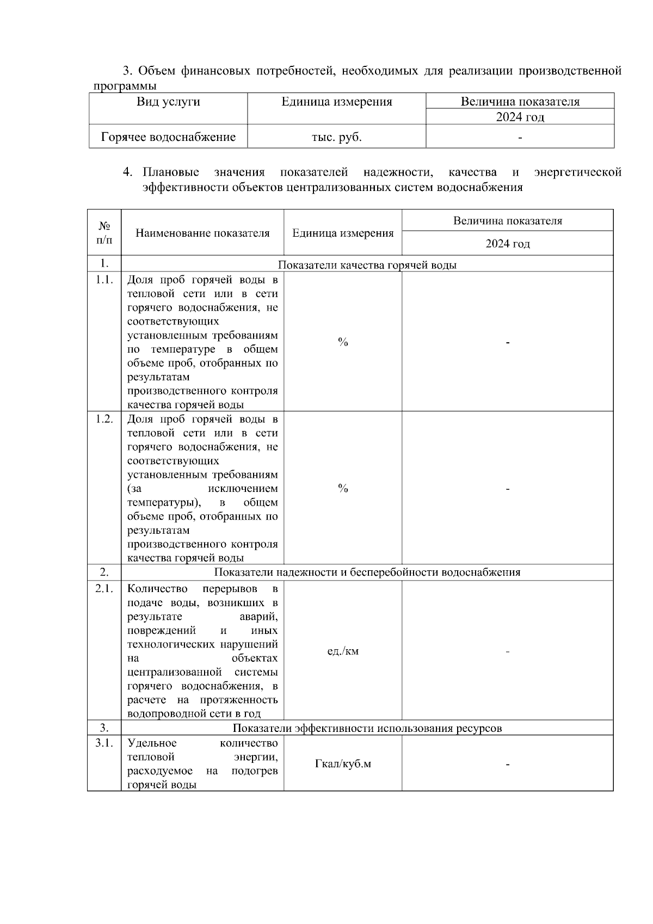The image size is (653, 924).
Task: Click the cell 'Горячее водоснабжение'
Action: pyautogui.click(x=169, y=137)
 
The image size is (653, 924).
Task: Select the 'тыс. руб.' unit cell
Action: pyautogui.click(x=336, y=137)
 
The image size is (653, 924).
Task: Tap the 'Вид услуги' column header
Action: pyautogui.click(x=168, y=102)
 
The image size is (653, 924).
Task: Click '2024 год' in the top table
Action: pyautogui.click(x=520, y=117)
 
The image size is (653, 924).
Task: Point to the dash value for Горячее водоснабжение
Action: pyautogui.click(x=520, y=138)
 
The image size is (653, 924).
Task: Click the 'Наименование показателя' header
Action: pyautogui.click(x=202, y=233)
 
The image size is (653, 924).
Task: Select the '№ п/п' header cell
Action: pyautogui.click(x=104, y=232)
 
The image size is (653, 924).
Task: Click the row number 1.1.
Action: pyautogui.click(x=104, y=280)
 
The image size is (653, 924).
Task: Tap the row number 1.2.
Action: pyautogui.click(x=104, y=419)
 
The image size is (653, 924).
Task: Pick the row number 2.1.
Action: pyautogui.click(x=104, y=588)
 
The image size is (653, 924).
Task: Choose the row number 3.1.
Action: pyautogui.click(x=104, y=743)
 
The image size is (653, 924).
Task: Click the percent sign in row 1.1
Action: pyautogui.click(x=343, y=342)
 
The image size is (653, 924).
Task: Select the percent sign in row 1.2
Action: pyautogui.click(x=343, y=489)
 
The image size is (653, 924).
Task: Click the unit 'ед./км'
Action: pyautogui.click(x=343, y=651)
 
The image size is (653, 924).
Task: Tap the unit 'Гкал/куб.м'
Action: pyautogui.click(x=343, y=764)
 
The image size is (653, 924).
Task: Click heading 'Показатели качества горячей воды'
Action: pyautogui.click(x=367, y=265)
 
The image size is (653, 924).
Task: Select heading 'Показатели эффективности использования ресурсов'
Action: pyautogui.click(x=367, y=728)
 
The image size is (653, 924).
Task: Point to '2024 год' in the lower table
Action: pyautogui.click(x=508, y=244)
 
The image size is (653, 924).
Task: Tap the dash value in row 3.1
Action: pyautogui.click(x=508, y=765)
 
